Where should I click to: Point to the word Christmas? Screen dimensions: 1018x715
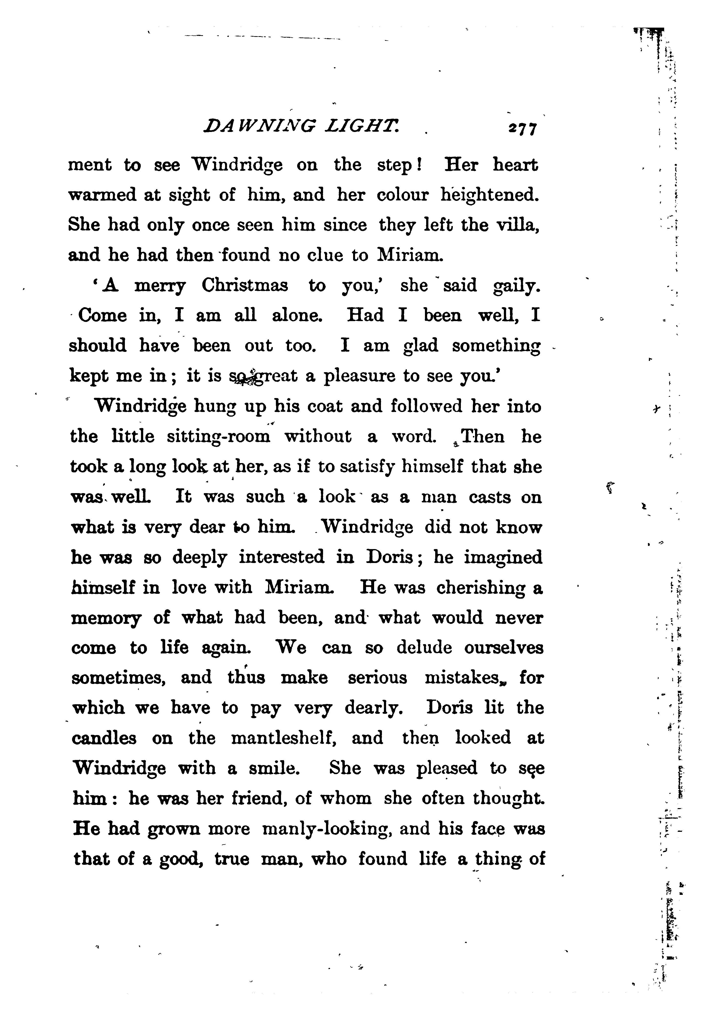pos(245,286)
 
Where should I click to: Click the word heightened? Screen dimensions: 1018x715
pos(489,195)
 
